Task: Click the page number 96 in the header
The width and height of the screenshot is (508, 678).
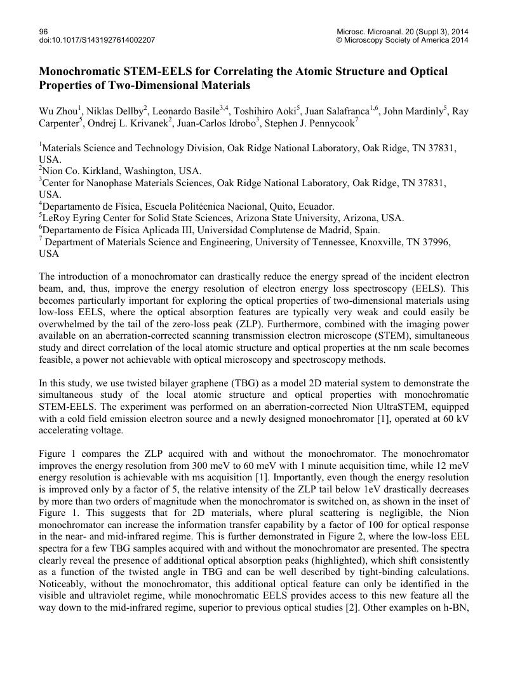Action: (43, 31)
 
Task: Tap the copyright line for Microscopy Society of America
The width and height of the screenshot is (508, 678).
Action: (403, 40)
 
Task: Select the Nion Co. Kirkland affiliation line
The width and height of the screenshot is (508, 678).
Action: (121, 171)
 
